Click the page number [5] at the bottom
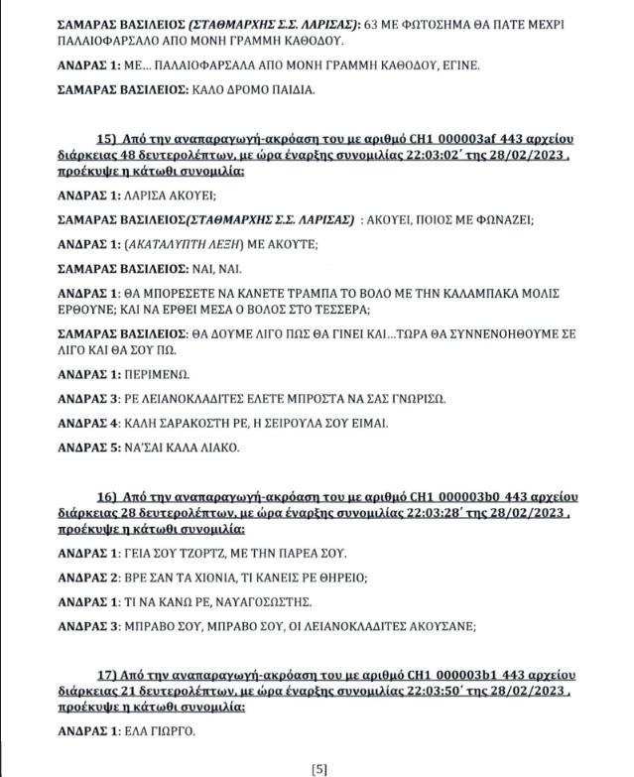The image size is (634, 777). [x=318, y=767]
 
